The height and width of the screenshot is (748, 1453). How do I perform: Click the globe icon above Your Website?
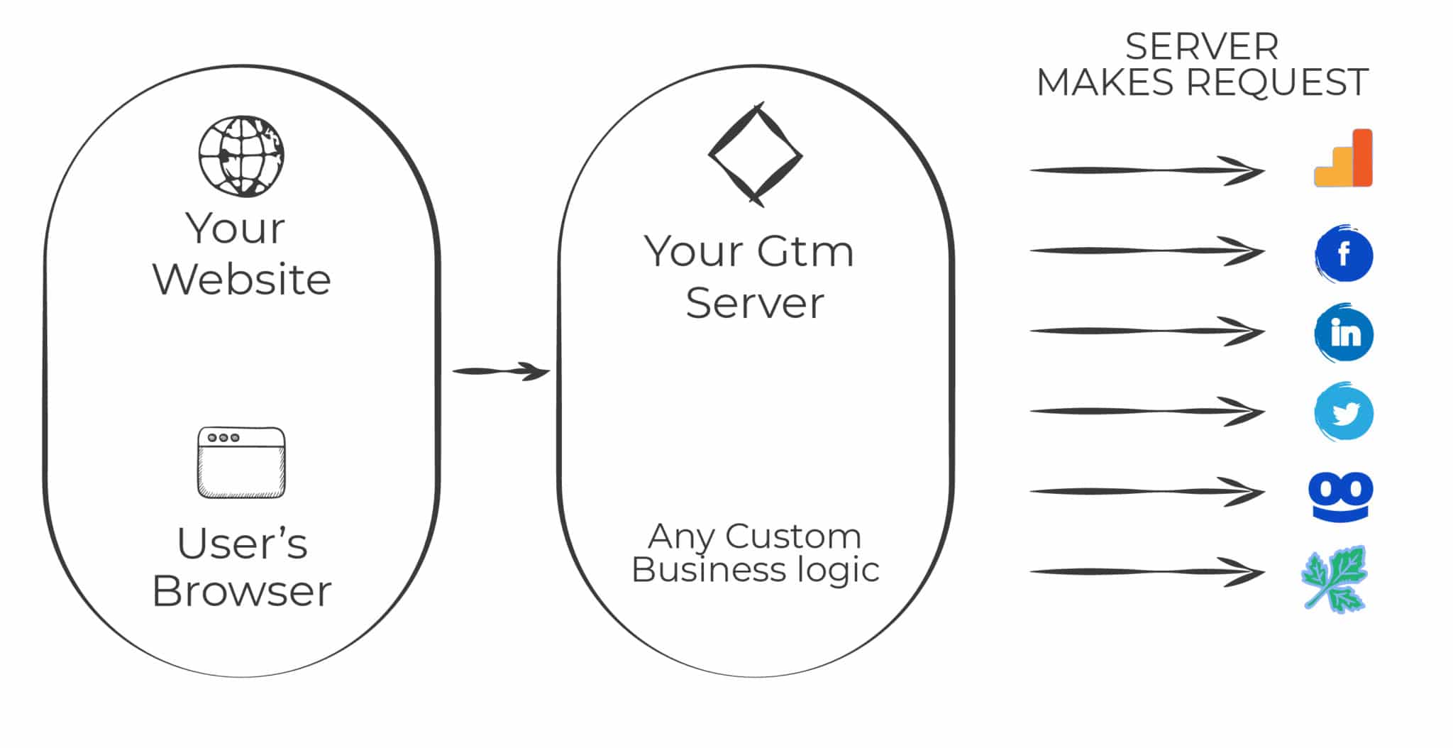tap(241, 156)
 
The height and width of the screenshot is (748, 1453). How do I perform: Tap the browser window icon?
tap(241, 463)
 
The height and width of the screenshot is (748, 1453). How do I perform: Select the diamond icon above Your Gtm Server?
tap(756, 155)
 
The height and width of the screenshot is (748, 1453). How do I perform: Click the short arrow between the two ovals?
tap(501, 371)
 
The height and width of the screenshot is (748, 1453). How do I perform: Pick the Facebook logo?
tap(1344, 254)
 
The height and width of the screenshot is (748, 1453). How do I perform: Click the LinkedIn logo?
tap(1344, 334)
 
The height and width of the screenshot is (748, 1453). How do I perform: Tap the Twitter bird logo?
tap(1344, 413)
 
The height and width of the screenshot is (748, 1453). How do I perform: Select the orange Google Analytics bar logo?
tap(1344, 159)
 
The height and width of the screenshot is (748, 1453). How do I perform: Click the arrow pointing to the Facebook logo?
tap(1147, 251)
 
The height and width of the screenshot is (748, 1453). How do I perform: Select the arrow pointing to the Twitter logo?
tap(1147, 412)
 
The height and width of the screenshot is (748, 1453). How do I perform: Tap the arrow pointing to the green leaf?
tap(1147, 572)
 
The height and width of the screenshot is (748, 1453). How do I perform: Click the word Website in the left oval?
tap(241, 279)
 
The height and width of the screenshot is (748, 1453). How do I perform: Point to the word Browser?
tap(241, 591)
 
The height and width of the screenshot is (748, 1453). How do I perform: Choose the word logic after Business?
tap(837, 570)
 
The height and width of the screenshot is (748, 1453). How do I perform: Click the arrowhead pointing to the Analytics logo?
tap(1245, 171)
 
